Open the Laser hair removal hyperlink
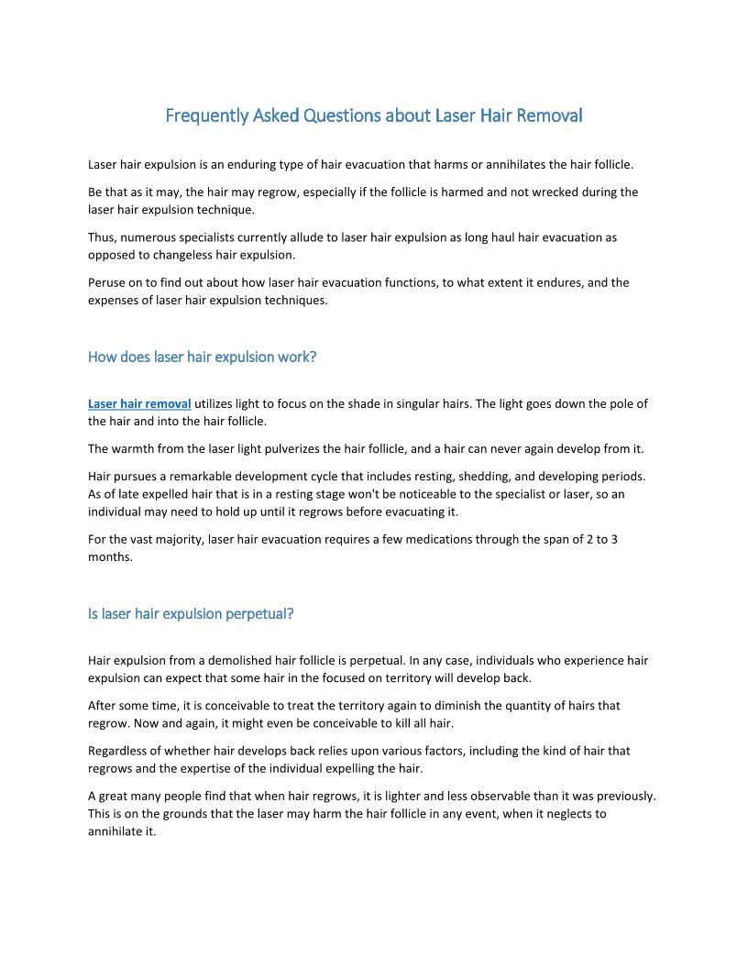139,403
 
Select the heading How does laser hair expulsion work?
202,357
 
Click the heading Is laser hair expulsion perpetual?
191,613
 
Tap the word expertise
221,767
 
